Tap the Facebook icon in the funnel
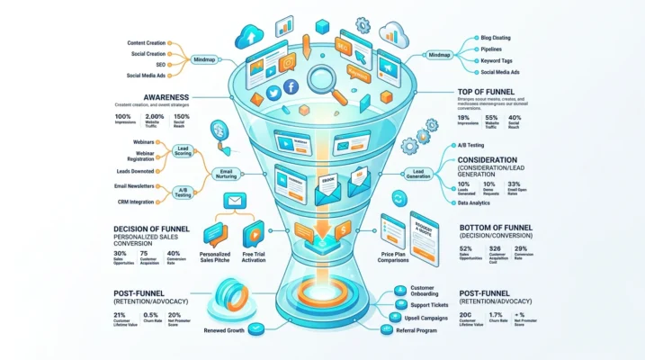(291, 86)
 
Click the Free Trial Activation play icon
(254, 233)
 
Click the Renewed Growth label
(224, 330)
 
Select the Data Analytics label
(475, 203)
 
